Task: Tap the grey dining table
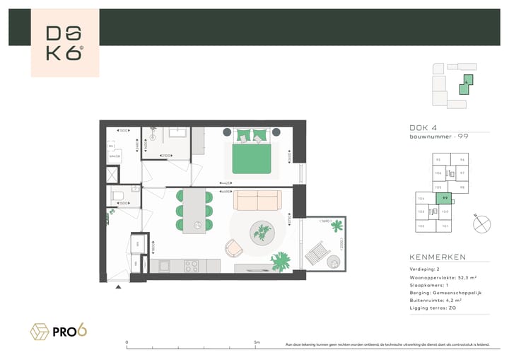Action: (194, 211)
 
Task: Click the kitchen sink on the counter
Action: (165, 266)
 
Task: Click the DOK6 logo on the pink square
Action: (65, 43)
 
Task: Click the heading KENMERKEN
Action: (438, 257)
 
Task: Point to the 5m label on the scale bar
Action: (257, 342)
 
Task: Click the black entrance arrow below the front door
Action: (118, 286)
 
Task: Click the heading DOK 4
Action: (423, 127)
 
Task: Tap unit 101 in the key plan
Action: (445, 226)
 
